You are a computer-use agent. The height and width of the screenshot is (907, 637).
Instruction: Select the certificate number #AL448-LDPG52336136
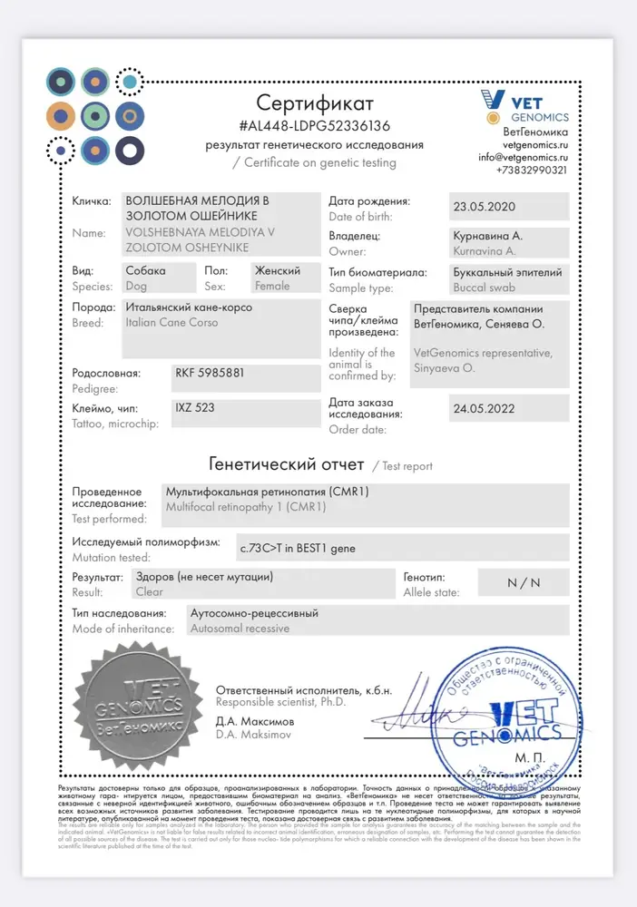[315, 125]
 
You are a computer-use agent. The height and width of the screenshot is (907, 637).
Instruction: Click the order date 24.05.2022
[483, 409]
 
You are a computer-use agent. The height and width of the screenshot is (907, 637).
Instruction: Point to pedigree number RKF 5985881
[209, 373]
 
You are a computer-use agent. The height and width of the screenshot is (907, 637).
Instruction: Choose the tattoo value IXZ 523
[195, 408]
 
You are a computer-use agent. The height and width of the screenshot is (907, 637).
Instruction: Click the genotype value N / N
[524, 583]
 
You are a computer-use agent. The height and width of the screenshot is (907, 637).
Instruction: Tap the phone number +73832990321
[532, 170]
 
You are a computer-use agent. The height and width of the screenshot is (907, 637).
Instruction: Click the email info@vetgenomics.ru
[524, 157]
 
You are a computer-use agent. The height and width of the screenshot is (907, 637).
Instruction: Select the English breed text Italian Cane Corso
[171, 323]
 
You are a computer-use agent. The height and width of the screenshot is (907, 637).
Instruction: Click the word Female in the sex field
[272, 286]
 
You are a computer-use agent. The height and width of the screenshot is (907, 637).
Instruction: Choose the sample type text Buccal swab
[484, 288]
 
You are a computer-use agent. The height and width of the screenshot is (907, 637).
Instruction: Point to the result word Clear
[149, 591]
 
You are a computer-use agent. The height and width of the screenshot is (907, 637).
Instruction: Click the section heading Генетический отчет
[286, 464]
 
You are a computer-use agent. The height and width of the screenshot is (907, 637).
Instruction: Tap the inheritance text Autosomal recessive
[240, 628]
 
